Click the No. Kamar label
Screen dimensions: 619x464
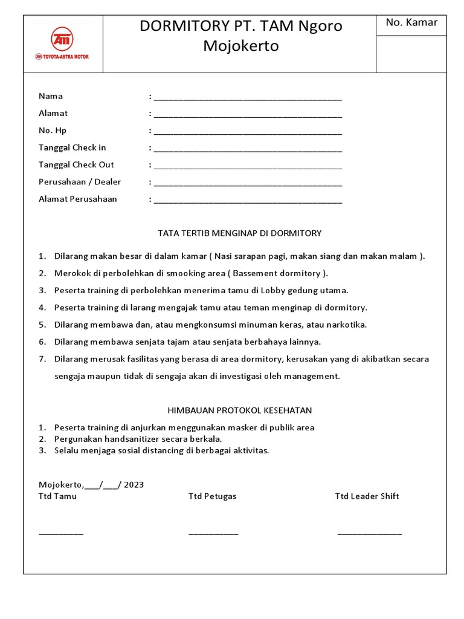[411, 23]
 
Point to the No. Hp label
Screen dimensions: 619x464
[53, 131]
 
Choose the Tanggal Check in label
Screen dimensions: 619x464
[72, 147]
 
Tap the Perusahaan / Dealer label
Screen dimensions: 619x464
[80, 182]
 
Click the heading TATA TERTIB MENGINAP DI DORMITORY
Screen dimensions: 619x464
[239, 233]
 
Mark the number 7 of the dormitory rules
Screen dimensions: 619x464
[42, 359]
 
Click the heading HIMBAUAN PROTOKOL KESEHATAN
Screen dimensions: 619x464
[239, 410]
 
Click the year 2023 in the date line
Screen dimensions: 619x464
[134, 485]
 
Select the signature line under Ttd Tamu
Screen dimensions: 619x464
[61, 533]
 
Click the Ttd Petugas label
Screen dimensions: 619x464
[212, 496]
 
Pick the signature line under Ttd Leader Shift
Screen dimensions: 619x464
[369, 533]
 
